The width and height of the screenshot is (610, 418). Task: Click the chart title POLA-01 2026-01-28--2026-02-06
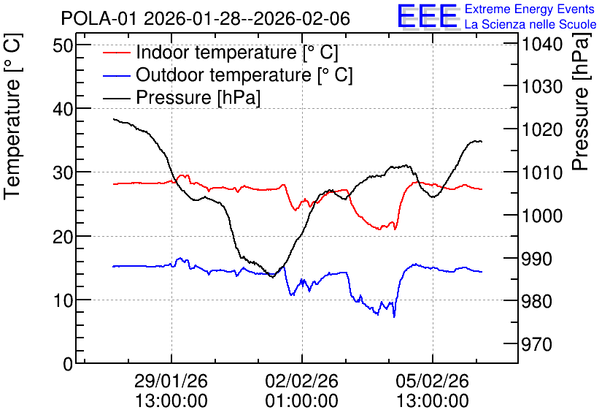pyautogui.click(x=206, y=18)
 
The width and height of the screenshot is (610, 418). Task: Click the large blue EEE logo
pyautogui.click(x=428, y=15)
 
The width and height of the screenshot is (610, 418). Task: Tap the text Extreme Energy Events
pyautogui.click(x=530, y=9)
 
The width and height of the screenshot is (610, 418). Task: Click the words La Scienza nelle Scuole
pyautogui.click(x=530, y=24)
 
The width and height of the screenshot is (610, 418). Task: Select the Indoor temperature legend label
pyautogui.click(x=237, y=52)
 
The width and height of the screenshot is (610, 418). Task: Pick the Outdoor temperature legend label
pyautogui.click(x=244, y=75)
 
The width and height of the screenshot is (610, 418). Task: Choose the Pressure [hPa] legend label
pyautogui.click(x=198, y=97)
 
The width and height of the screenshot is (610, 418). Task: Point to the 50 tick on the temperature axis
pyautogui.click(x=63, y=45)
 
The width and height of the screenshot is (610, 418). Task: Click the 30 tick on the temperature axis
pyautogui.click(x=63, y=172)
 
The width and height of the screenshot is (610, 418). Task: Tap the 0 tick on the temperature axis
pyautogui.click(x=69, y=364)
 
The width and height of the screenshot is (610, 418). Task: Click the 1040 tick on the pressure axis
pyautogui.click(x=542, y=44)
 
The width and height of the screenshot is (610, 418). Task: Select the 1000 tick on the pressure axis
pyautogui.click(x=542, y=216)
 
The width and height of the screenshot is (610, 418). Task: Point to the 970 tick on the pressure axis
pyautogui.click(x=536, y=344)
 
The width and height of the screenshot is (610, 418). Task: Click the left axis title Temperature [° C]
pyautogui.click(x=12, y=117)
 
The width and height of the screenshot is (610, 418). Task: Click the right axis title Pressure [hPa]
pyautogui.click(x=580, y=102)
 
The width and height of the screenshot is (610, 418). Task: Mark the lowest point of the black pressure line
pyautogui.click(x=273, y=277)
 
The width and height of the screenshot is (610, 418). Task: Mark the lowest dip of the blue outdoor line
pyautogui.click(x=394, y=316)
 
